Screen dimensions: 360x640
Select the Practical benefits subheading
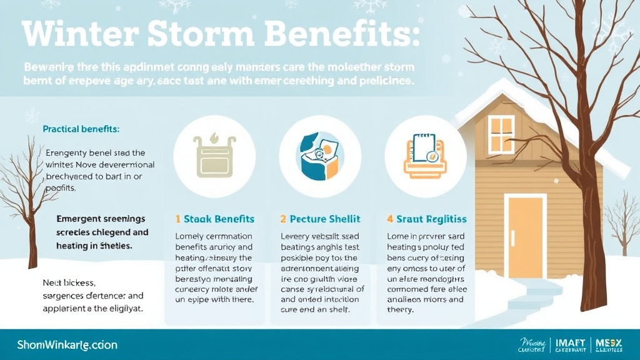click(81, 129)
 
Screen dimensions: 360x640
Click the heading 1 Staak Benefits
click(214, 219)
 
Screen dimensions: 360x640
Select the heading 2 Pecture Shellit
click(320, 219)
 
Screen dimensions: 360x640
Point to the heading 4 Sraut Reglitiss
click(426, 219)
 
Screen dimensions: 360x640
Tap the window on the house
click(501, 134)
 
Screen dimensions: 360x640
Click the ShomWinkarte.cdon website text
click(67, 344)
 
